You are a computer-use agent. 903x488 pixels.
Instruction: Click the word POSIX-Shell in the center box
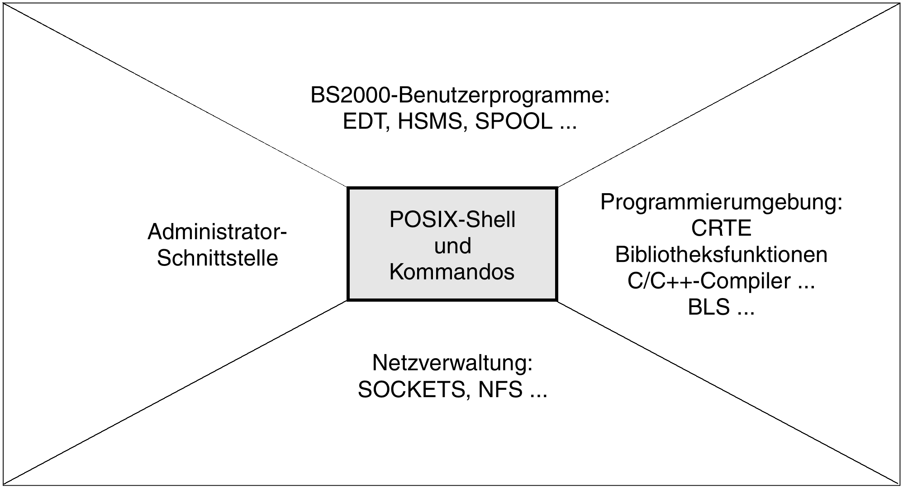(452, 220)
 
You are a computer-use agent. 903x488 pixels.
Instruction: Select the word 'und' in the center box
(452, 246)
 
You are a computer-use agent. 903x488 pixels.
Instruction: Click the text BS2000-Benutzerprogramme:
(460, 96)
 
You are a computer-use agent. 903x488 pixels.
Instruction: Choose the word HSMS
(432, 122)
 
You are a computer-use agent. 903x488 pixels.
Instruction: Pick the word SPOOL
(513, 122)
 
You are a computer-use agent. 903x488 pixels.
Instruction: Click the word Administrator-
(217, 232)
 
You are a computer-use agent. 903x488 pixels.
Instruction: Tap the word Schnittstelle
(217, 259)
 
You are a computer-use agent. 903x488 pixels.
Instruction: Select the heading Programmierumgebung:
(721, 202)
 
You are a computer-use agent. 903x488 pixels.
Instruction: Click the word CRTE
(721, 228)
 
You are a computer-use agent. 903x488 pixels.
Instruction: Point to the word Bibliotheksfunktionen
(721, 255)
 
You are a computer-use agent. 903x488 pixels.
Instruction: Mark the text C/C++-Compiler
(708, 281)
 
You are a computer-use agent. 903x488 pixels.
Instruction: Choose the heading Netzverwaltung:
(452, 363)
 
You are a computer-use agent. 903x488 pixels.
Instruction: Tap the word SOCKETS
(411, 389)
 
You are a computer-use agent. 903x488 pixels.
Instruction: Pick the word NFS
(500, 389)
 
